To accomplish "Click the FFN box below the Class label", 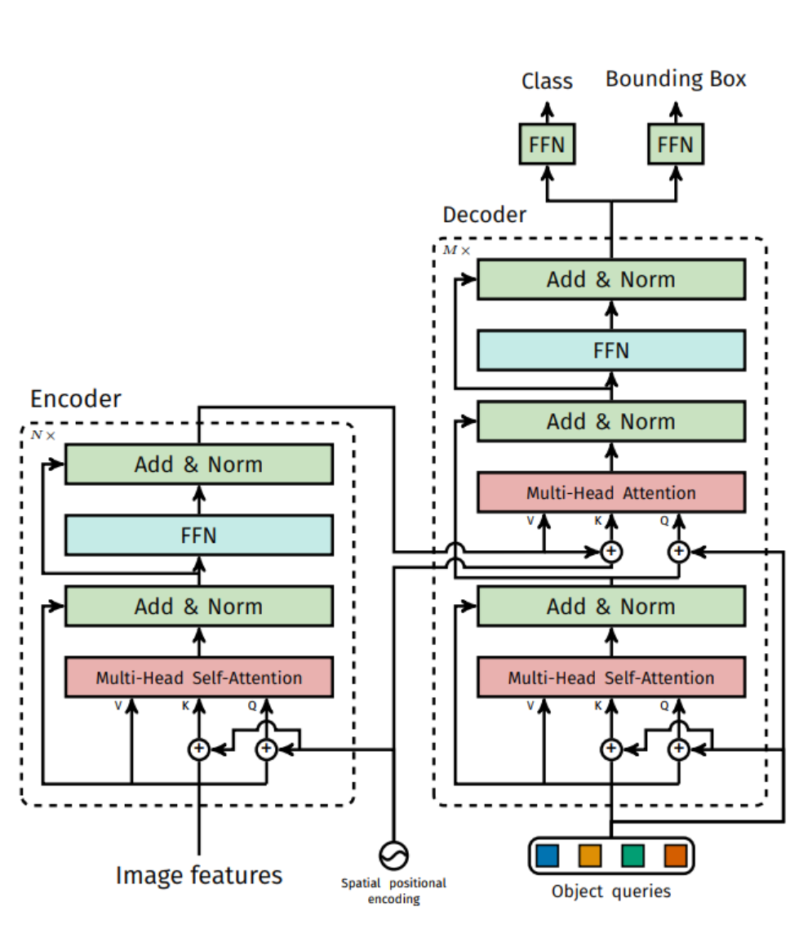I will pyautogui.click(x=547, y=145).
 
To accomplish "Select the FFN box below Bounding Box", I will pyautogui.click(x=675, y=145).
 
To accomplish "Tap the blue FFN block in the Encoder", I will pyautogui.click(x=198, y=536).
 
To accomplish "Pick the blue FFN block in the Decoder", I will pyautogui.click(x=610, y=350).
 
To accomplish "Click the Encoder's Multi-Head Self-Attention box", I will pyautogui.click(x=198, y=678).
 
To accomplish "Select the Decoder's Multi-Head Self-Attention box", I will pyautogui.click(x=610, y=678).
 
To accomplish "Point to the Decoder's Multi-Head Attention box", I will pyautogui.click(x=610, y=493).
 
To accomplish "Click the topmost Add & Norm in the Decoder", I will pyautogui.click(x=610, y=279).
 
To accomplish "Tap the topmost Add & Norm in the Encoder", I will pyautogui.click(x=198, y=465).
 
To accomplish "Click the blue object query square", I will pyautogui.click(x=548, y=855).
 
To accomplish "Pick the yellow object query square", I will pyautogui.click(x=590, y=855).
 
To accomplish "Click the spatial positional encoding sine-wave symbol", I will pyautogui.click(x=394, y=855).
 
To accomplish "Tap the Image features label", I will pyautogui.click(x=198, y=875).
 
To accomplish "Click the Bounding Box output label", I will pyautogui.click(x=676, y=79).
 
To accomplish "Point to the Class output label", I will pyautogui.click(x=547, y=81).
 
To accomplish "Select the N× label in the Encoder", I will pyautogui.click(x=43, y=435).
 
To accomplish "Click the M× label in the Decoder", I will pyautogui.click(x=456, y=250).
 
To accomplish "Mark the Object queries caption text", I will pyautogui.click(x=610, y=891).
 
